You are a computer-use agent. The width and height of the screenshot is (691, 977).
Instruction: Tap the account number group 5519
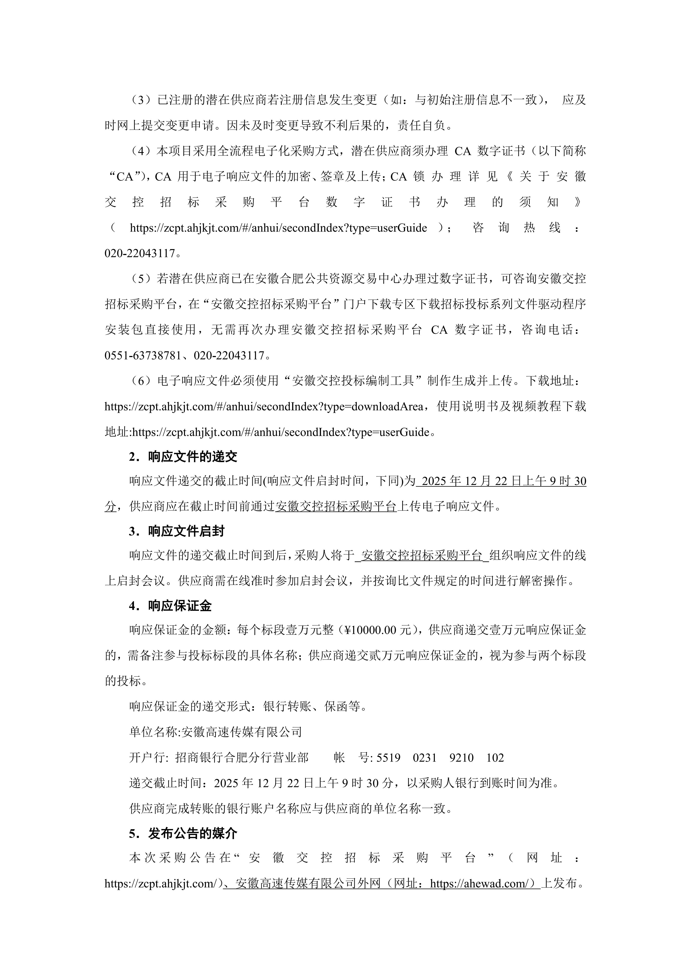[x=388, y=758]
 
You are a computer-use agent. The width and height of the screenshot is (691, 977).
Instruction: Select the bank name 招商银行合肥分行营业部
[x=242, y=758]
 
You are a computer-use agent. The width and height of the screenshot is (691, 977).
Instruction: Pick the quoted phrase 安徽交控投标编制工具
[x=353, y=381]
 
